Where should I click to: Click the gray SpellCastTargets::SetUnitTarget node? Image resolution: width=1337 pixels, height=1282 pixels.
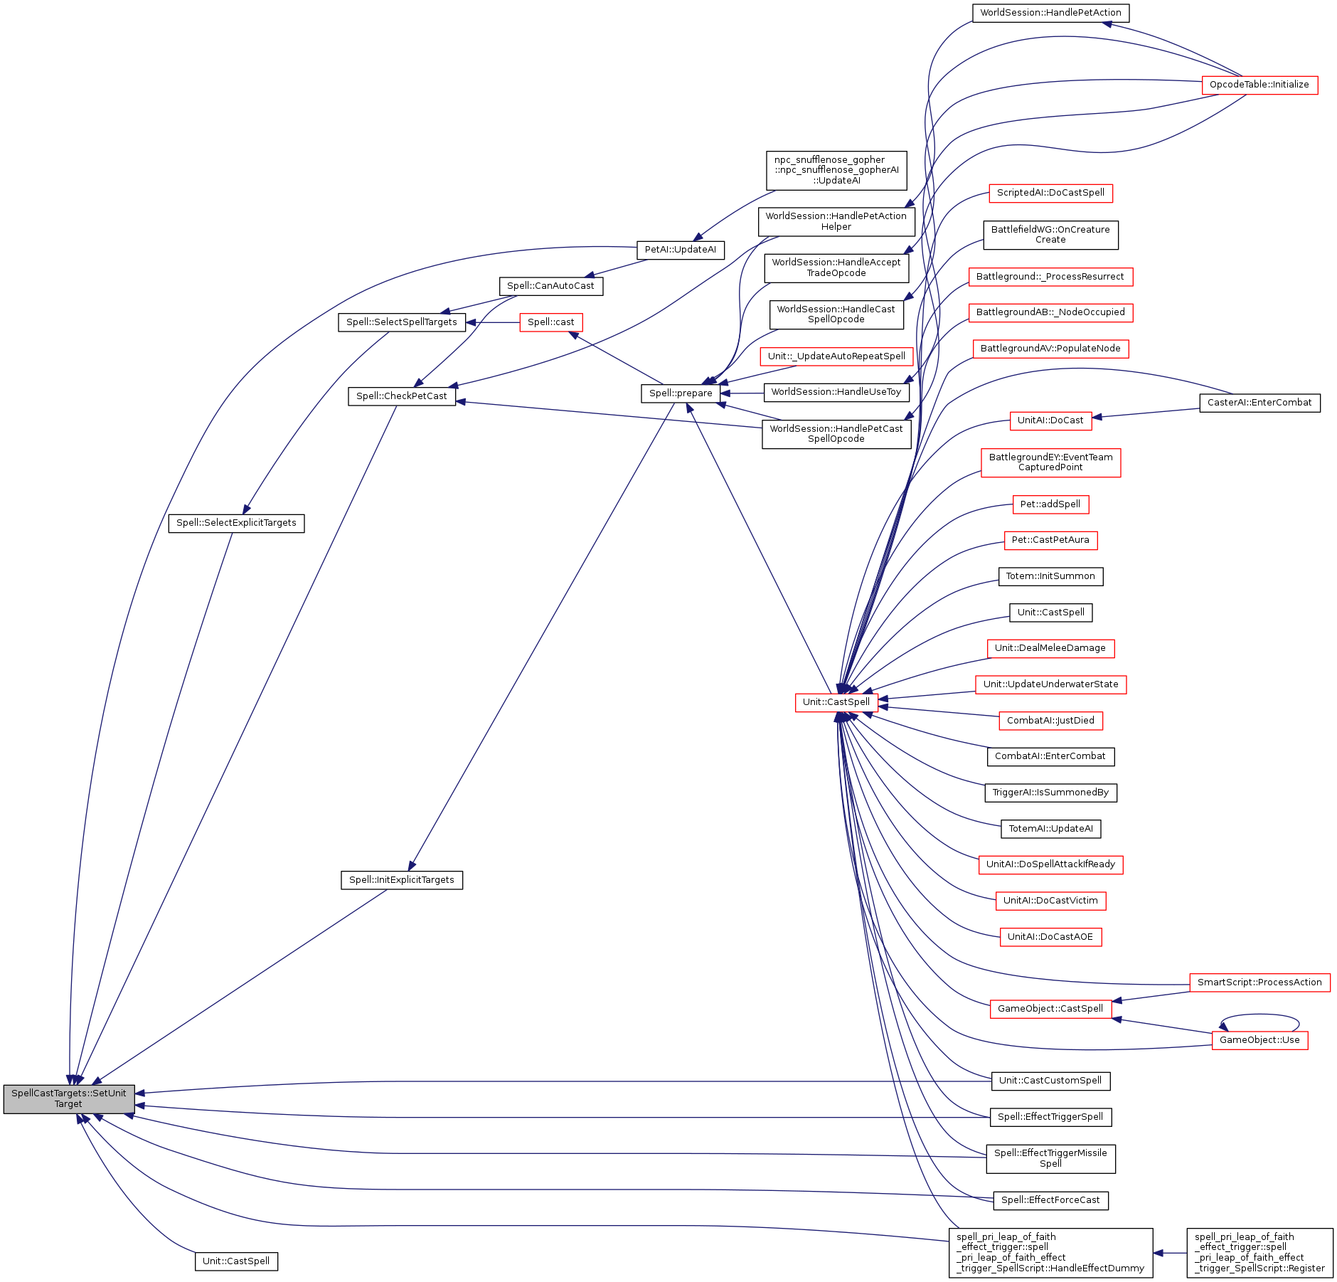pyautogui.click(x=68, y=1098)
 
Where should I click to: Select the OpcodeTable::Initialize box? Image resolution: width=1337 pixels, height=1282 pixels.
pyautogui.click(x=1259, y=85)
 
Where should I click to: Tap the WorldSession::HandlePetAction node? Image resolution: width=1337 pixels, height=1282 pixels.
pyautogui.click(x=1050, y=13)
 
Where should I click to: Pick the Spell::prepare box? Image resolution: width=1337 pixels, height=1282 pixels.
pyautogui.click(x=681, y=393)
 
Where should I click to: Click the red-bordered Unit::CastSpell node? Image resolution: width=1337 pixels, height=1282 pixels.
pyautogui.click(x=836, y=702)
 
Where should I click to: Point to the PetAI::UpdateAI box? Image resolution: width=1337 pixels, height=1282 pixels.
pyautogui.click(x=680, y=250)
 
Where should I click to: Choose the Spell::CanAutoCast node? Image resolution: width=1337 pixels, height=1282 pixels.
pyautogui.click(x=550, y=286)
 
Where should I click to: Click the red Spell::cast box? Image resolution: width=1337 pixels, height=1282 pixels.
pyautogui.click(x=550, y=322)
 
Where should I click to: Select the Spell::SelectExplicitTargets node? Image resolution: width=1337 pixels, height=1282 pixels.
pyautogui.click(x=236, y=523)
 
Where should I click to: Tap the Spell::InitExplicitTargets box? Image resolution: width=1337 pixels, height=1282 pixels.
pyautogui.click(x=401, y=880)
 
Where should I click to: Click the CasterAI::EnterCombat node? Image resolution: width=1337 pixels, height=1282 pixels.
pyautogui.click(x=1259, y=403)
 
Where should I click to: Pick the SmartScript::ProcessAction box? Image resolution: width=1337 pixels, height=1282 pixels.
pyautogui.click(x=1259, y=982)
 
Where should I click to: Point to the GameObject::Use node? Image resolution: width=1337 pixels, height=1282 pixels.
pyautogui.click(x=1259, y=1040)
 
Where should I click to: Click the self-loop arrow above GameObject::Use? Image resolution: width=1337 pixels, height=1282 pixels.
pyautogui.click(x=1259, y=1015)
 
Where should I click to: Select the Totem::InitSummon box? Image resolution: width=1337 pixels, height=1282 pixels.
pyautogui.click(x=1050, y=576)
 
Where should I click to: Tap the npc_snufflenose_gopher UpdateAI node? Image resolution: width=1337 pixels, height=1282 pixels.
pyautogui.click(x=836, y=171)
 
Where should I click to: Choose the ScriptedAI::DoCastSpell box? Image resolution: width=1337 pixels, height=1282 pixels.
pyautogui.click(x=1050, y=193)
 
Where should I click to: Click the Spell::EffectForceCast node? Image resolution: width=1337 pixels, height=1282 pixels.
pyautogui.click(x=1050, y=1200)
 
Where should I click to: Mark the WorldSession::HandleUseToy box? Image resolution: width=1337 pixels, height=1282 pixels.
pyautogui.click(x=836, y=392)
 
